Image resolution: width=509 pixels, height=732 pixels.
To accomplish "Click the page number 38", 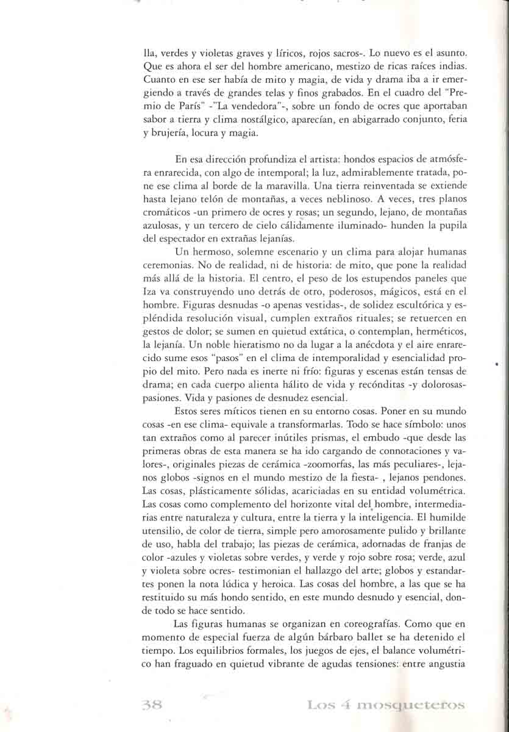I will tap(151, 705).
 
